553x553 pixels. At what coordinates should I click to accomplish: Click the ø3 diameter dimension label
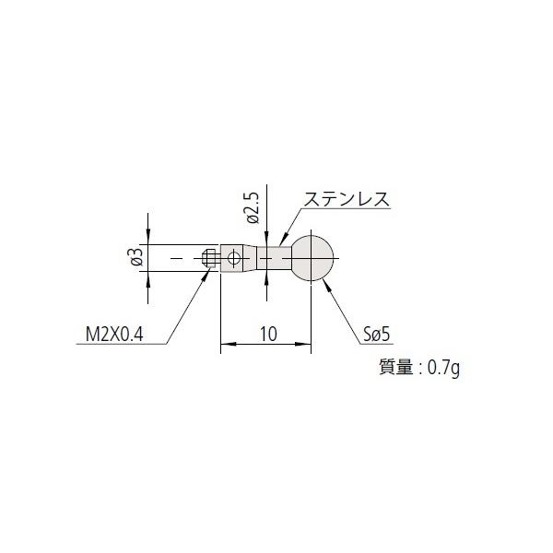point(136,258)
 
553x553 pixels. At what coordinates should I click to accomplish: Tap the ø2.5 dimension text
point(251,210)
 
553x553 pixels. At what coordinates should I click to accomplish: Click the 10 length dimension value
point(269,335)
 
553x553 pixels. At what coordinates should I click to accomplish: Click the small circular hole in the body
point(236,258)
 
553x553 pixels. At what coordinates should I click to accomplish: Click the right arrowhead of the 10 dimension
point(308,347)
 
